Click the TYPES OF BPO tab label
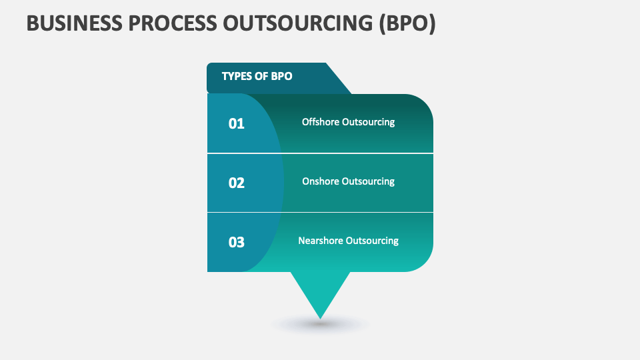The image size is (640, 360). pos(257,76)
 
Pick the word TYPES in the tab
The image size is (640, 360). pos(237,76)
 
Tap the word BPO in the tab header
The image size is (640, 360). pos(281,76)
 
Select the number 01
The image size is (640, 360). pos(237,123)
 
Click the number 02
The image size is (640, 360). pos(237,183)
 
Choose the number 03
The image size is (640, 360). pos(237,242)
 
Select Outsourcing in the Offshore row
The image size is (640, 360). pos(369,122)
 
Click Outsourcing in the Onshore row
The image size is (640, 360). pos(369,181)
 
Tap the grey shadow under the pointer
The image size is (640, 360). pos(321,325)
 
